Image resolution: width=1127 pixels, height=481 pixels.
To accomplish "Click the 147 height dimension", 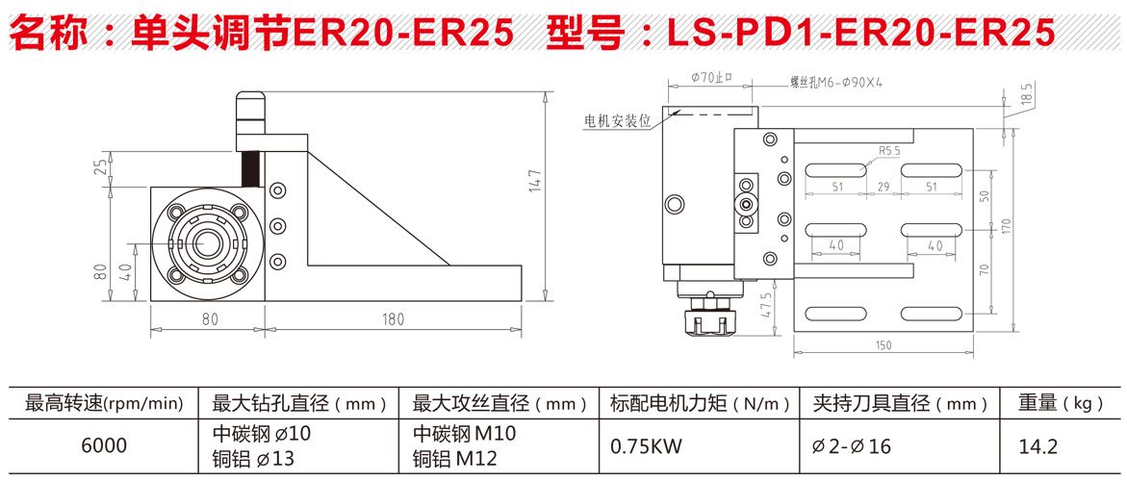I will click(x=536, y=181).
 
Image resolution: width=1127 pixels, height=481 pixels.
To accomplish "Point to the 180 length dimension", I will click(x=394, y=318).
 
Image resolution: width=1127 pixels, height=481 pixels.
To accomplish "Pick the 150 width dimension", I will click(x=884, y=345).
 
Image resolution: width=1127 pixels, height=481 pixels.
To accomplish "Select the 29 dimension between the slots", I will click(x=884, y=187).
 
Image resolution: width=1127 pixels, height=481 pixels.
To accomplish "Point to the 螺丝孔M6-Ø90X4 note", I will click(x=835, y=83).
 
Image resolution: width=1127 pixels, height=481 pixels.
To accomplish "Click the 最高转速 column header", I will click(x=103, y=402).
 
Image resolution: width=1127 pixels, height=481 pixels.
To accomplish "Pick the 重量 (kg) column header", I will click(x=1061, y=402).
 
